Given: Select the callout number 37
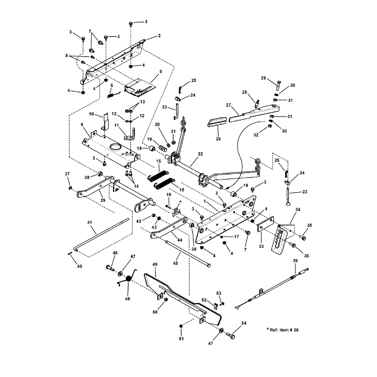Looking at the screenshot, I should click(x=67, y=174).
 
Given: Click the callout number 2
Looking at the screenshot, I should click(x=159, y=36).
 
